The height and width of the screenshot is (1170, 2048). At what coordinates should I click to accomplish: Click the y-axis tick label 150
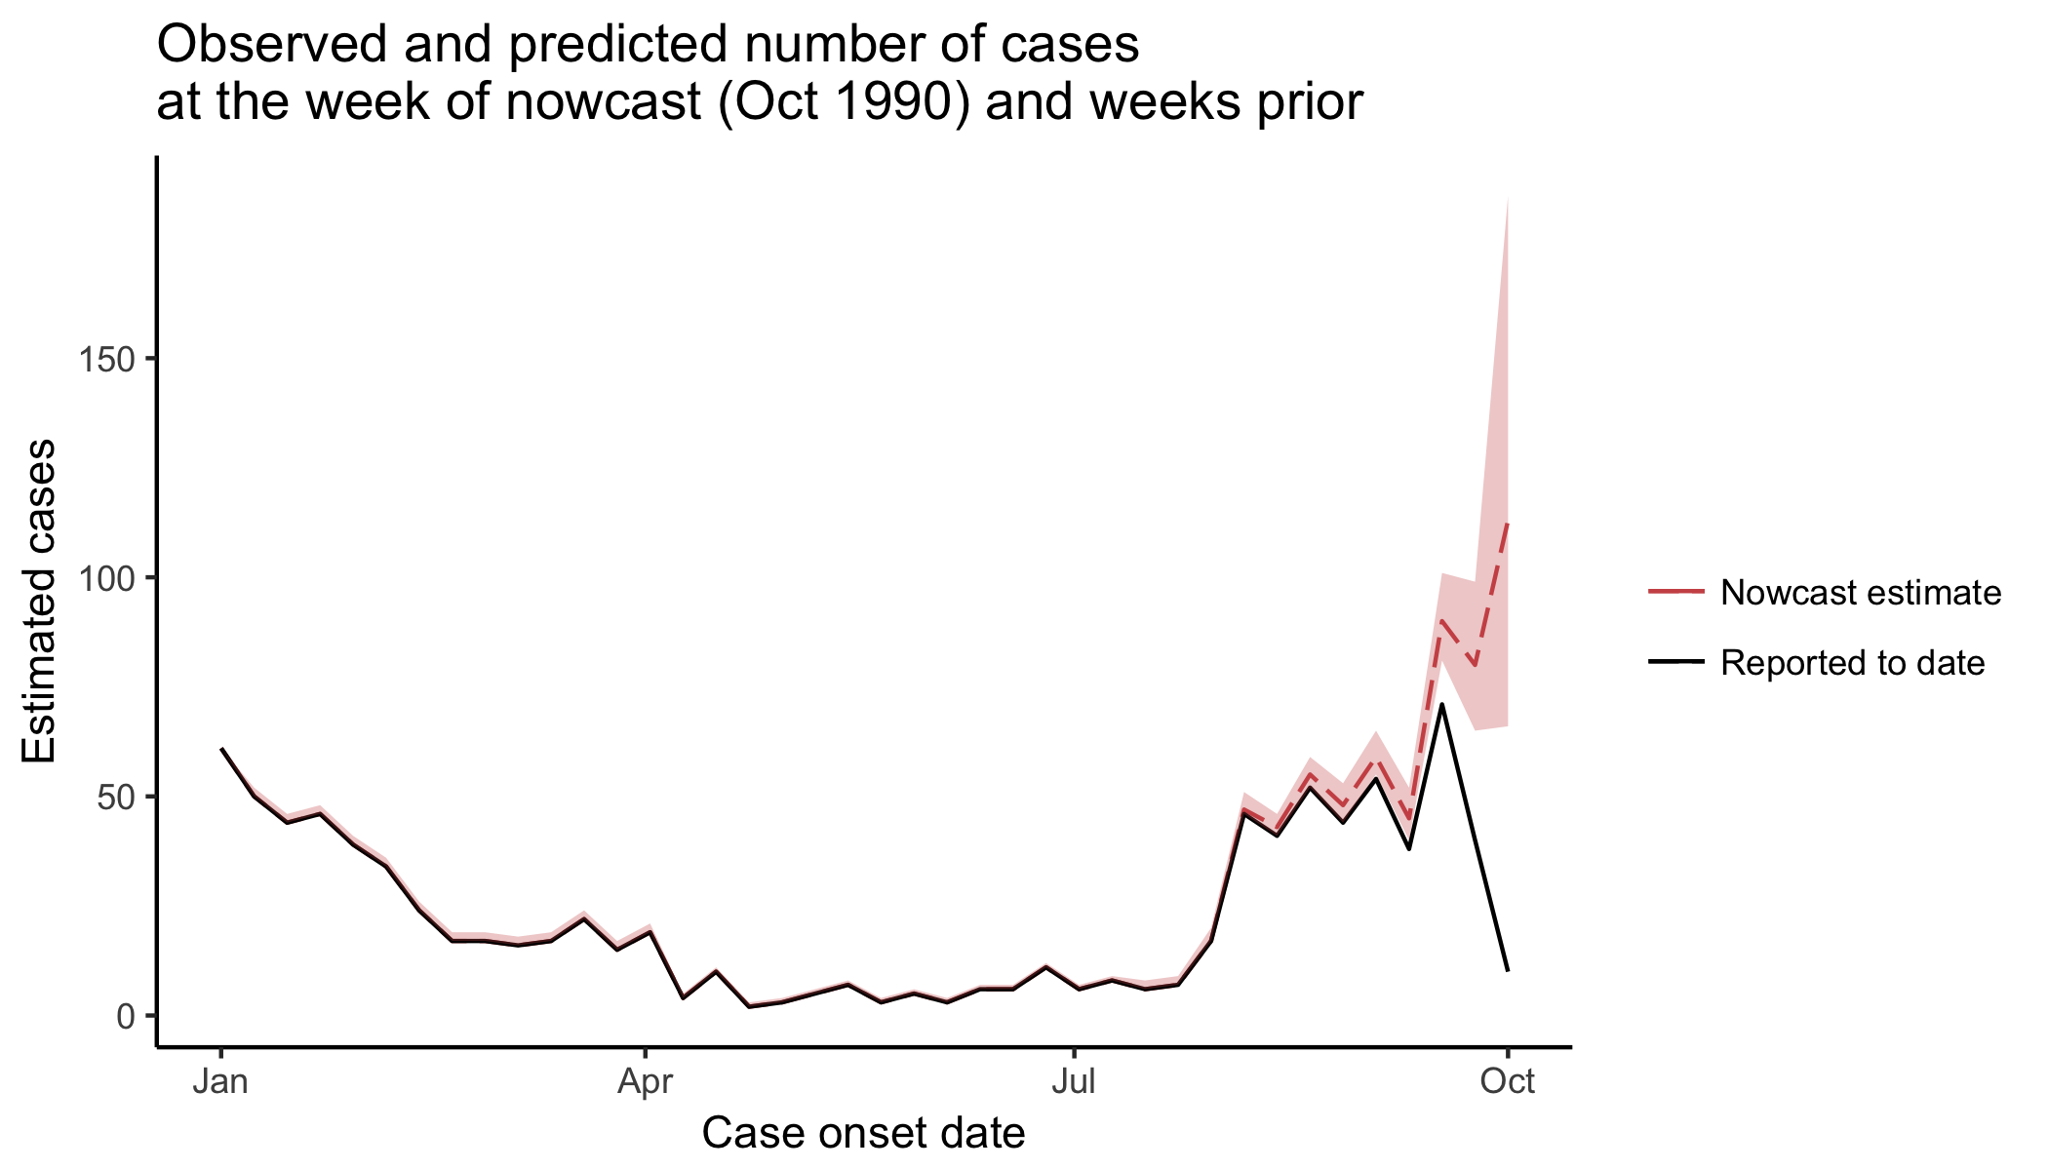[x=105, y=359]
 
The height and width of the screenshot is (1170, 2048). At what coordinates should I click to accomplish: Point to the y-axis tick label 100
[x=105, y=577]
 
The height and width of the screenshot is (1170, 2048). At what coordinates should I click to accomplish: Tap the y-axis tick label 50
[x=115, y=797]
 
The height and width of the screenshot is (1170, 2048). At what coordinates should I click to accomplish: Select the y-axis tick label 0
[x=125, y=1016]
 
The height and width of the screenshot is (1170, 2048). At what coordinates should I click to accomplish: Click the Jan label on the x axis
[x=220, y=1081]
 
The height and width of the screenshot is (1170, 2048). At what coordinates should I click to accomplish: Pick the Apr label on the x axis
[x=645, y=1081]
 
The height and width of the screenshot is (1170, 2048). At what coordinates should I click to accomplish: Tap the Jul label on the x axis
[x=1073, y=1081]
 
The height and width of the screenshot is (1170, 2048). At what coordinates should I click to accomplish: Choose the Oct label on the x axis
[x=1507, y=1081]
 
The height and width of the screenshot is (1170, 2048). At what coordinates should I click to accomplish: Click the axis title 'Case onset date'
[x=863, y=1133]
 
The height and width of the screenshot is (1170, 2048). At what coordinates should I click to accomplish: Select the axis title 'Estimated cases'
[x=41, y=601]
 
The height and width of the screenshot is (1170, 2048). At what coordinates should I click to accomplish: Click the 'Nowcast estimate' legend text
[x=1861, y=593]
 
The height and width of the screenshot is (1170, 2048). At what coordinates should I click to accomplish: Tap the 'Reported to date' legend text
[x=1852, y=663]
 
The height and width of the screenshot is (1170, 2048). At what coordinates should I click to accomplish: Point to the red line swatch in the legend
[x=1676, y=592]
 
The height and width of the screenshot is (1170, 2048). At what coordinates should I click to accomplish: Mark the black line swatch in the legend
[x=1676, y=662]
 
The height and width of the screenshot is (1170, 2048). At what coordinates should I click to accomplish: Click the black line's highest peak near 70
[x=1441, y=704]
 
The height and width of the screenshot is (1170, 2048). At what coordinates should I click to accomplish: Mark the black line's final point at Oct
[x=1508, y=970]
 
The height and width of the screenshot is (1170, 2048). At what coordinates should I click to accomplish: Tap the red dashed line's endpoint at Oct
[x=1508, y=525]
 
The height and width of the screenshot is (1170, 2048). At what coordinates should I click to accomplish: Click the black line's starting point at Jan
[x=221, y=749]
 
